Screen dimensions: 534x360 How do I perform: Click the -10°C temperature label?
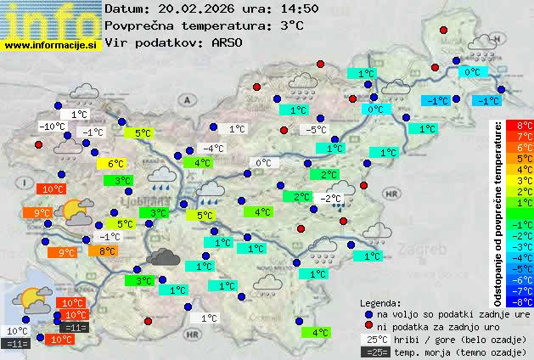coord(52,127)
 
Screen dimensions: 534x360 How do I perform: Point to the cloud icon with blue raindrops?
coord(163,177)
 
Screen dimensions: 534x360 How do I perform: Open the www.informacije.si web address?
coord(51,45)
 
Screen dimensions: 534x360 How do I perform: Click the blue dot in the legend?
coord(368,313)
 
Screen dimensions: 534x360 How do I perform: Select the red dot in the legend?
coord(368,326)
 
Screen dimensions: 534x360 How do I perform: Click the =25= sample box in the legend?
coord(371,352)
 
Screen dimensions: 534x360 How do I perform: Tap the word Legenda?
coord(380,302)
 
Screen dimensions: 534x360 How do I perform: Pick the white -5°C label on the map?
coord(317,130)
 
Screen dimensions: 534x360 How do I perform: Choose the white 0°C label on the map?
coord(262,163)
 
